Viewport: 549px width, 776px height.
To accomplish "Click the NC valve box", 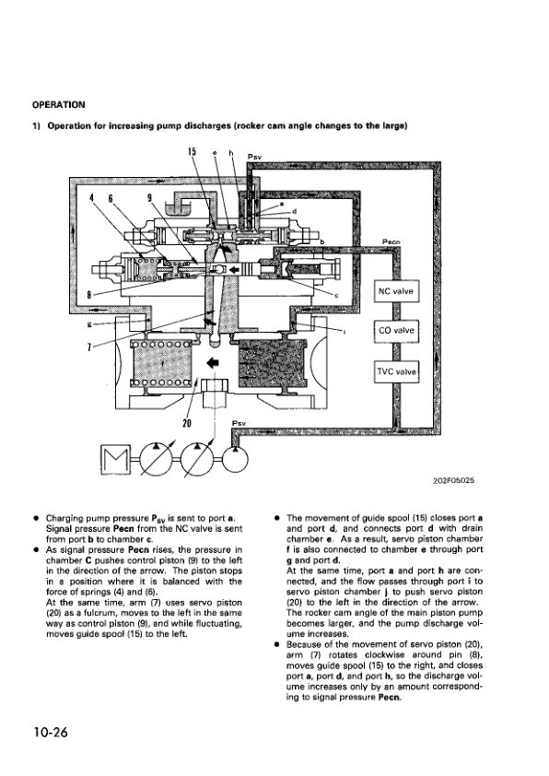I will coord(396,292).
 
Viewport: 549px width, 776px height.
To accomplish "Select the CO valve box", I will coord(396,330).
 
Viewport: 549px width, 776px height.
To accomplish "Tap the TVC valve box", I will coord(396,371).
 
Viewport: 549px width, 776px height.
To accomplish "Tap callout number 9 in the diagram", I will coord(151,197).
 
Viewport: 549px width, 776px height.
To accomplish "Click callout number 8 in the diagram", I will coord(90,295).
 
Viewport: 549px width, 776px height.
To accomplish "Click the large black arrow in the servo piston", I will coord(214,361).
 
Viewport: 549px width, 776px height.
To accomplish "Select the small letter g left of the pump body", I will coord(88,324).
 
